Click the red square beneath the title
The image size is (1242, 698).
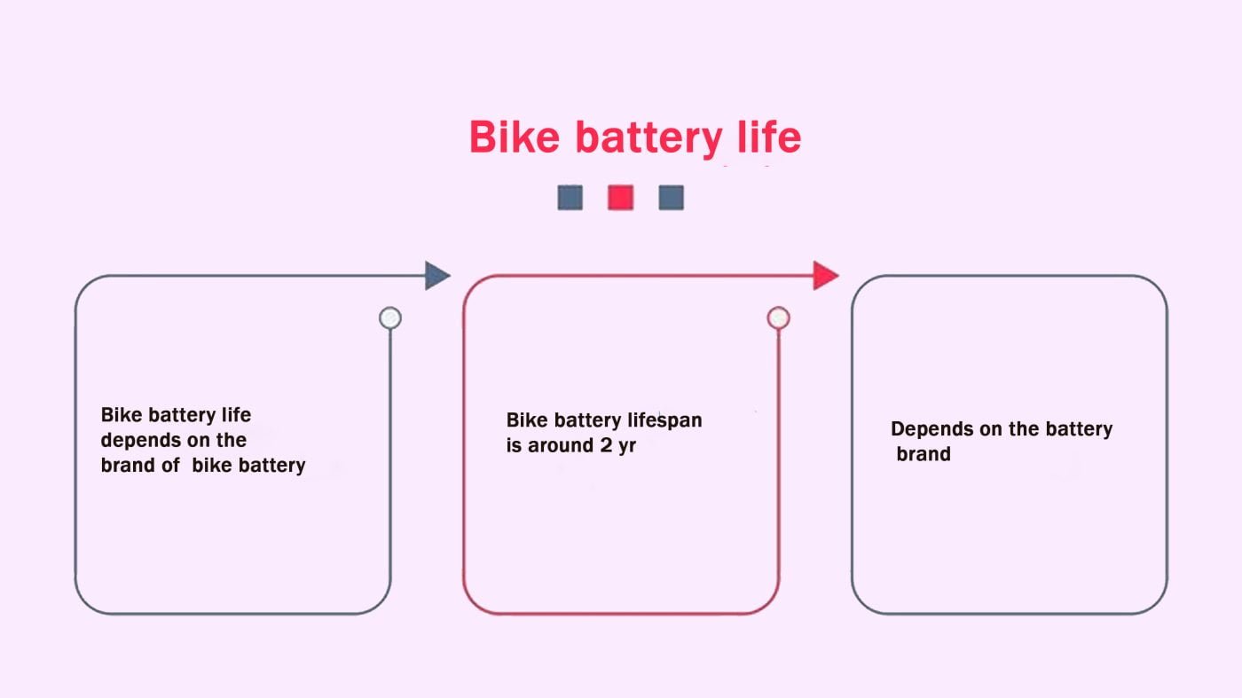[620, 197]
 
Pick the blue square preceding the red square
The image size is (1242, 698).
[570, 197]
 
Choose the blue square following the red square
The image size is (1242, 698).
[671, 197]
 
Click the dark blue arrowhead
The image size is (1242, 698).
[436, 275]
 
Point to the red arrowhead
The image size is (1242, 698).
[825, 275]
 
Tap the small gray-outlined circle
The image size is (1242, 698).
[389, 318]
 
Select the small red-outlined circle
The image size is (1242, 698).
[778, 318]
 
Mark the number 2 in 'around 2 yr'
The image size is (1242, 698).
[606, 445]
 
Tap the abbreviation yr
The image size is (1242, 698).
[628, 446]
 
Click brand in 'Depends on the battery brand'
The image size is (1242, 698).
[924, 454]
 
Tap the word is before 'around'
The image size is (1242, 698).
[514, 445]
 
